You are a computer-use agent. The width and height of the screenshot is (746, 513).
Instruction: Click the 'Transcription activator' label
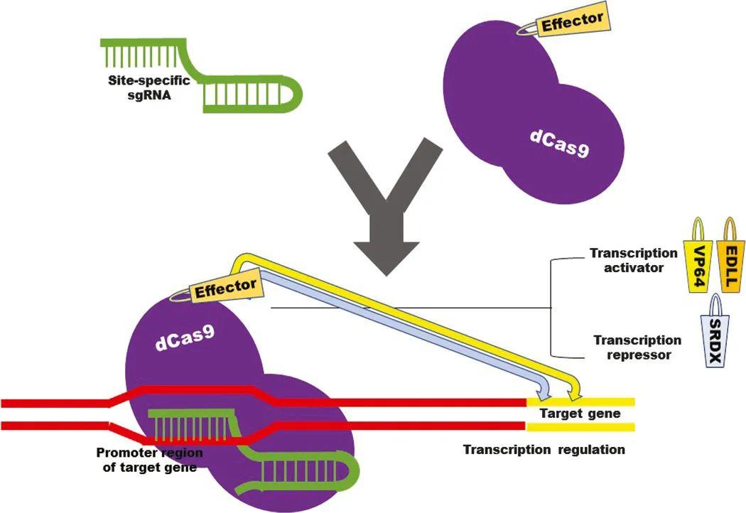pos(633,260)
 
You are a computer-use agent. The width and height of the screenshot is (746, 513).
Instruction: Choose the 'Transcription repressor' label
pos(637,347)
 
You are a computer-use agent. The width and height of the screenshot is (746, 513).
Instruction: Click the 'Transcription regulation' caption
pos(544,450)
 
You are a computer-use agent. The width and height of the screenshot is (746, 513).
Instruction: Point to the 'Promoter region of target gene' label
pos(149,460)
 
